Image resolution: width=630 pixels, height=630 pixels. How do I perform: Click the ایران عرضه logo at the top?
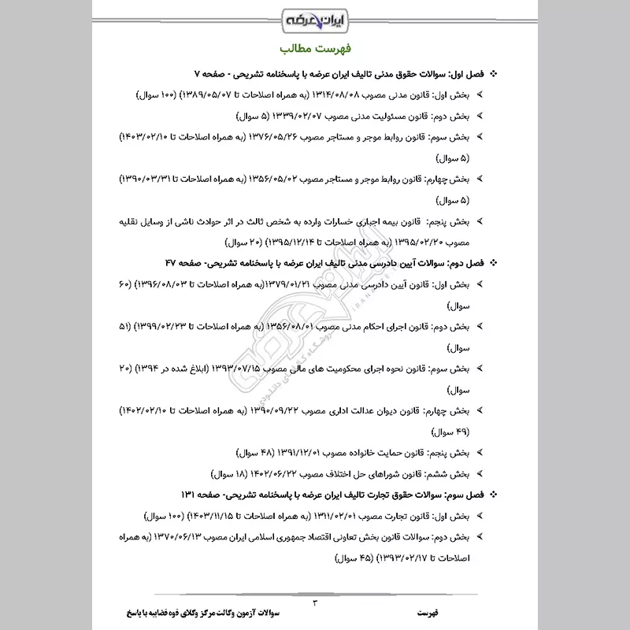pos(314,17)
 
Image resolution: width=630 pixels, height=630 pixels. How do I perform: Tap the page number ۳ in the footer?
pos(315,604)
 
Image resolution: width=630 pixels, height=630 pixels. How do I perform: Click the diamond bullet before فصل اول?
pos(494,74)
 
